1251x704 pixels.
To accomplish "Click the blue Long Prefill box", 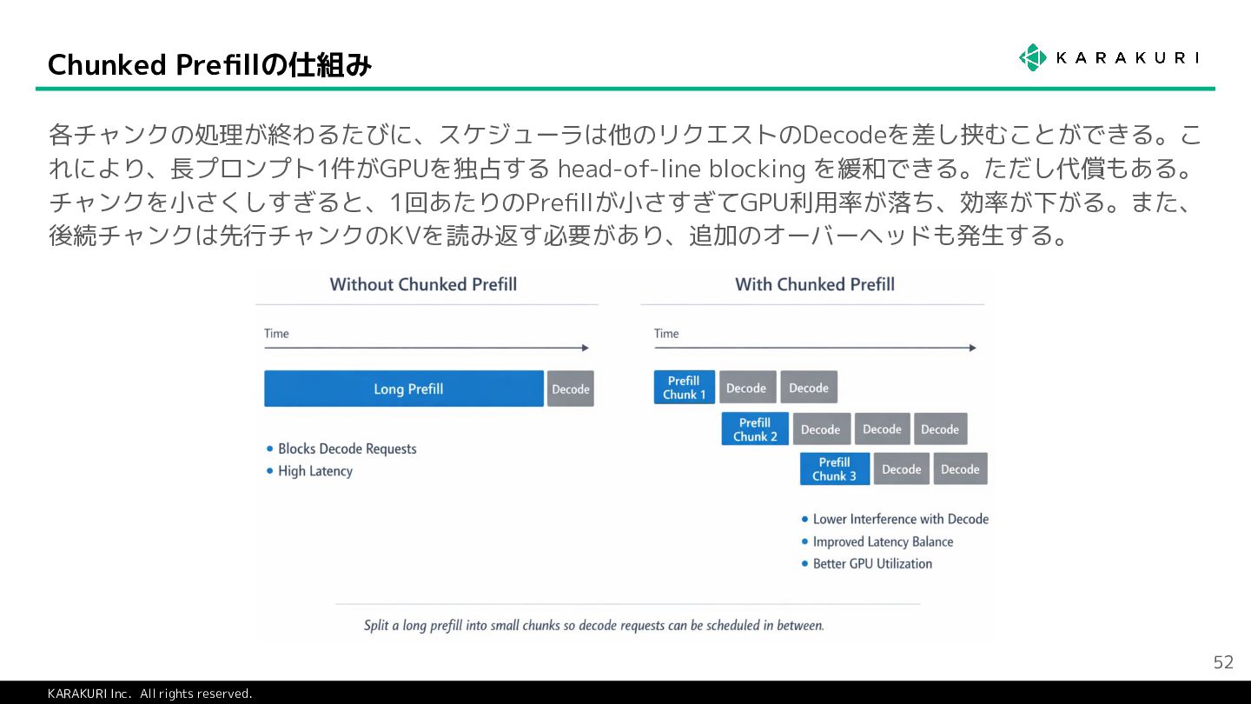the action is pyautogui.click(x=404, y=389).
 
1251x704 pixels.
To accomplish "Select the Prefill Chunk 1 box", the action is pyautogui.click(x=685, y=388).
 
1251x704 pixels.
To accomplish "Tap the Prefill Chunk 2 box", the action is pyautogui.click(x=755, y=429).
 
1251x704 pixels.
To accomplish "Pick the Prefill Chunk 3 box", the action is pyautogui.click(x=834, y=469).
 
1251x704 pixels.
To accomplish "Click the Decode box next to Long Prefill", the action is pyautogui.click(x=571, y=389).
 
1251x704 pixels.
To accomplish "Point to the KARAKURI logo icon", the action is pyautogui.click(x=1033, y=57).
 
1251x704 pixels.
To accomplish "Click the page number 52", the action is pyautogui.click(x=1223, y=662).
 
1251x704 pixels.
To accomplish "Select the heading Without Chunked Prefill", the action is pyautogui.click(x=423, y=284).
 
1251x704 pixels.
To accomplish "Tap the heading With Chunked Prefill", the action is pyautogui.click(x=815, y=284).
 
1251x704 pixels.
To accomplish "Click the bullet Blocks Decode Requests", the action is pyautogui.click(x=347, y=448).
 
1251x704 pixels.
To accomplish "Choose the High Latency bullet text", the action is pyautogui.click(x=314, y=471).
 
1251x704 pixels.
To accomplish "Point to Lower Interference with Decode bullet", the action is pyautogui.click(x=900, y=519).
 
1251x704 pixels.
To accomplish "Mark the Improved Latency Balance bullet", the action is pyautogui.click(x=883, y=541).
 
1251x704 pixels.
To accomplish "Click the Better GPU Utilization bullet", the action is pyautogui.click(x=872, y=563).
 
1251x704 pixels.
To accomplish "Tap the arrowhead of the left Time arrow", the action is pyautogui.click(x=586, y=348).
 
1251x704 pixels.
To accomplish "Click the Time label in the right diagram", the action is pyautogui.click(x=666, y=333).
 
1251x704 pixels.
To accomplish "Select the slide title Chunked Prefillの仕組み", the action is pyautogui.click(x=209, y=64).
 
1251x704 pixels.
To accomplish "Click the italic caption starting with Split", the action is pyautogui.click(x=593, y=625).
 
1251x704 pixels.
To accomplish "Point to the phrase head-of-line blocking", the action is pyautogui.click(x=681, y=168).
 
